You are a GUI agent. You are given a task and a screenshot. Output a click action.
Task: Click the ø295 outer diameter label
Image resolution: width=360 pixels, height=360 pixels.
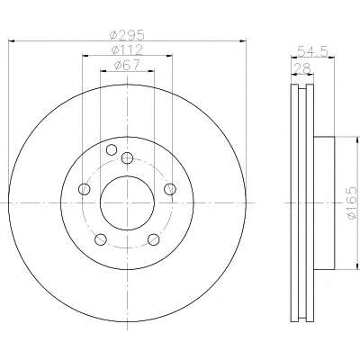point(127,34)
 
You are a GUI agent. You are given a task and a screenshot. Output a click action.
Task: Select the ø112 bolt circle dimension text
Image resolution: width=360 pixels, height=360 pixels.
point(127,49)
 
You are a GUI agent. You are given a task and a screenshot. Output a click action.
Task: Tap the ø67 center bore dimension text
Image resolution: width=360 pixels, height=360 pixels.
point(127,65)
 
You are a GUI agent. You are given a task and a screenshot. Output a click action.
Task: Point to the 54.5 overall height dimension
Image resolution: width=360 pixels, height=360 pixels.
point(312,51)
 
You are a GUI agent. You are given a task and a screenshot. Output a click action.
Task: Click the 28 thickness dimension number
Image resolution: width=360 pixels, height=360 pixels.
point(302,68)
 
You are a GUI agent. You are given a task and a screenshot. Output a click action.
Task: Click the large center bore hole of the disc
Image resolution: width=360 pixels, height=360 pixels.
point(127,203)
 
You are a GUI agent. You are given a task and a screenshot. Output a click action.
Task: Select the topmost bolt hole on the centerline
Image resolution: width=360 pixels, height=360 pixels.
point(127,157)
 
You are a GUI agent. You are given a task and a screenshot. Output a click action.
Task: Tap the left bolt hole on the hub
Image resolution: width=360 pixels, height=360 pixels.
point(84,189)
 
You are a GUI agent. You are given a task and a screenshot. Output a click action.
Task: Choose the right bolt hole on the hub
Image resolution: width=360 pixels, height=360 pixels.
point(170,189)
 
